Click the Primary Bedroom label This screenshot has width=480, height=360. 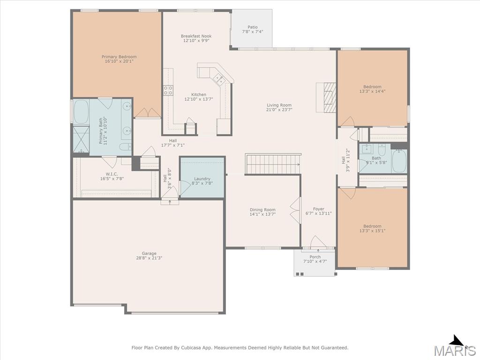pos(119,57)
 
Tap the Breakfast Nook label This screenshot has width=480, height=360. pos(196,36)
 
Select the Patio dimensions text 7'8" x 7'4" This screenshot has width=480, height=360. pos(253,31)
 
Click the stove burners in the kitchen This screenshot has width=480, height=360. pos(168,90)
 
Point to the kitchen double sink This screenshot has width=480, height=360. pos(219,79)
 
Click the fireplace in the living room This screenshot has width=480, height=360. pos(326,97)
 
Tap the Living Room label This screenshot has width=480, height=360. pos(279,105)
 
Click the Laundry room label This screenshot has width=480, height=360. pos(202,179)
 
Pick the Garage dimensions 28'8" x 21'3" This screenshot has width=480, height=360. pos(149,258)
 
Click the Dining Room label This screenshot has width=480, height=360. pos(262,210)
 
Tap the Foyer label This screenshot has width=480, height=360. pos(319,209)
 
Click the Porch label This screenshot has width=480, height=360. pos(315,257)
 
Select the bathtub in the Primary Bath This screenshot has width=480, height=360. pos(81,112)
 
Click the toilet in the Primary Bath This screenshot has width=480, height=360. pos(125,147)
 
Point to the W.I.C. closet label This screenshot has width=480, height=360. pos(112,174)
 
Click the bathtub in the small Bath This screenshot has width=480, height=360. pos(399,161)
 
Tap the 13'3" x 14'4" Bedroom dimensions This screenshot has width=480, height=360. pos(373,91)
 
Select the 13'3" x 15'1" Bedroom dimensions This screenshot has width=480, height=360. pos(373,231)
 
